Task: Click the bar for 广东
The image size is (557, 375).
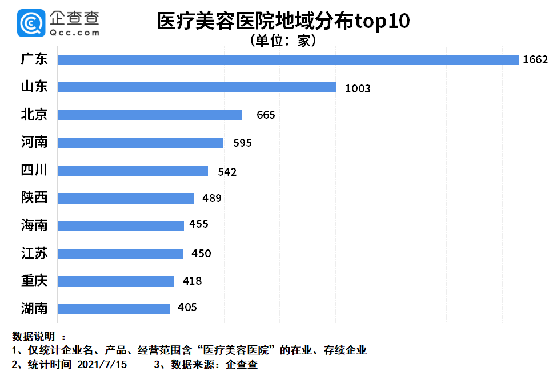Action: coord(288,60)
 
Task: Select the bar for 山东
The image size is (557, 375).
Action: coord(197,87)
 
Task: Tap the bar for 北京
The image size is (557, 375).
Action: coord(150,115)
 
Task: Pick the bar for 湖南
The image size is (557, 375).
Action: coord(114,309)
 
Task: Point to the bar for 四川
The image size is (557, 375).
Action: coord(133,171)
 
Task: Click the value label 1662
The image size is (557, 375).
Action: coord(535,60)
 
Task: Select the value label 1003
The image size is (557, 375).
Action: coord(358,88)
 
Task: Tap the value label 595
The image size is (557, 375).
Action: coord(242,143)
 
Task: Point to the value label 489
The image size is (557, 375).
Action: coord(212,199)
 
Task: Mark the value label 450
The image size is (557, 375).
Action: coord(202,254)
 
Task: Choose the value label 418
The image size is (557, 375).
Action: coord(193,281)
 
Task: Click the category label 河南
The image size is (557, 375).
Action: coord(34,142)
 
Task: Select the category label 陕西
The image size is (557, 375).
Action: coord(34,197)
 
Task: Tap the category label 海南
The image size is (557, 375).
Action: coord(34,225)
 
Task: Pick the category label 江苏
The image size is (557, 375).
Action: coord(34,253)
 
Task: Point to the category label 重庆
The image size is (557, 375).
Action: coord(34,281)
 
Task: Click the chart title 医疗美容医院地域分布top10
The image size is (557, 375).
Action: coord(283,22)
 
